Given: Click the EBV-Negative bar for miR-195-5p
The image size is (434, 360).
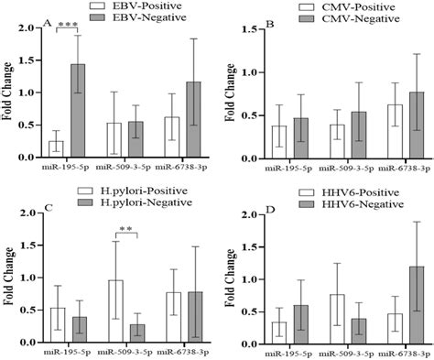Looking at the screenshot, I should point(79,110).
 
